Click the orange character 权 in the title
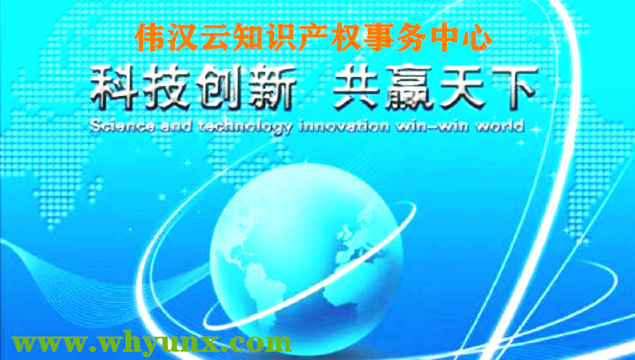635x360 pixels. pos(347,37)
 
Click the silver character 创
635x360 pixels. pos(219,88)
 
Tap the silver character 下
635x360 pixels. pos(514,88)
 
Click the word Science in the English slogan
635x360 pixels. pos(122,126)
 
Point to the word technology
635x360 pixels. pos(245,127)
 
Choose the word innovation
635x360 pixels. pos(343,126)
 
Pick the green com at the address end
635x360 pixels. pos(261,345)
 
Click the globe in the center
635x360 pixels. pos(307,253)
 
